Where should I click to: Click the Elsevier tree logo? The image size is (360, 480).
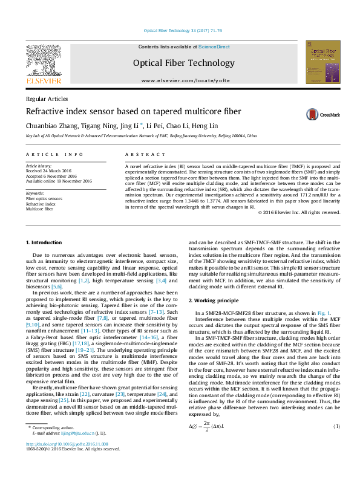tap(43, 60)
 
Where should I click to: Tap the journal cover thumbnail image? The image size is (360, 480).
tap(322, 62)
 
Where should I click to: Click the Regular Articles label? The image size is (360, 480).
tap(46, 99)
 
